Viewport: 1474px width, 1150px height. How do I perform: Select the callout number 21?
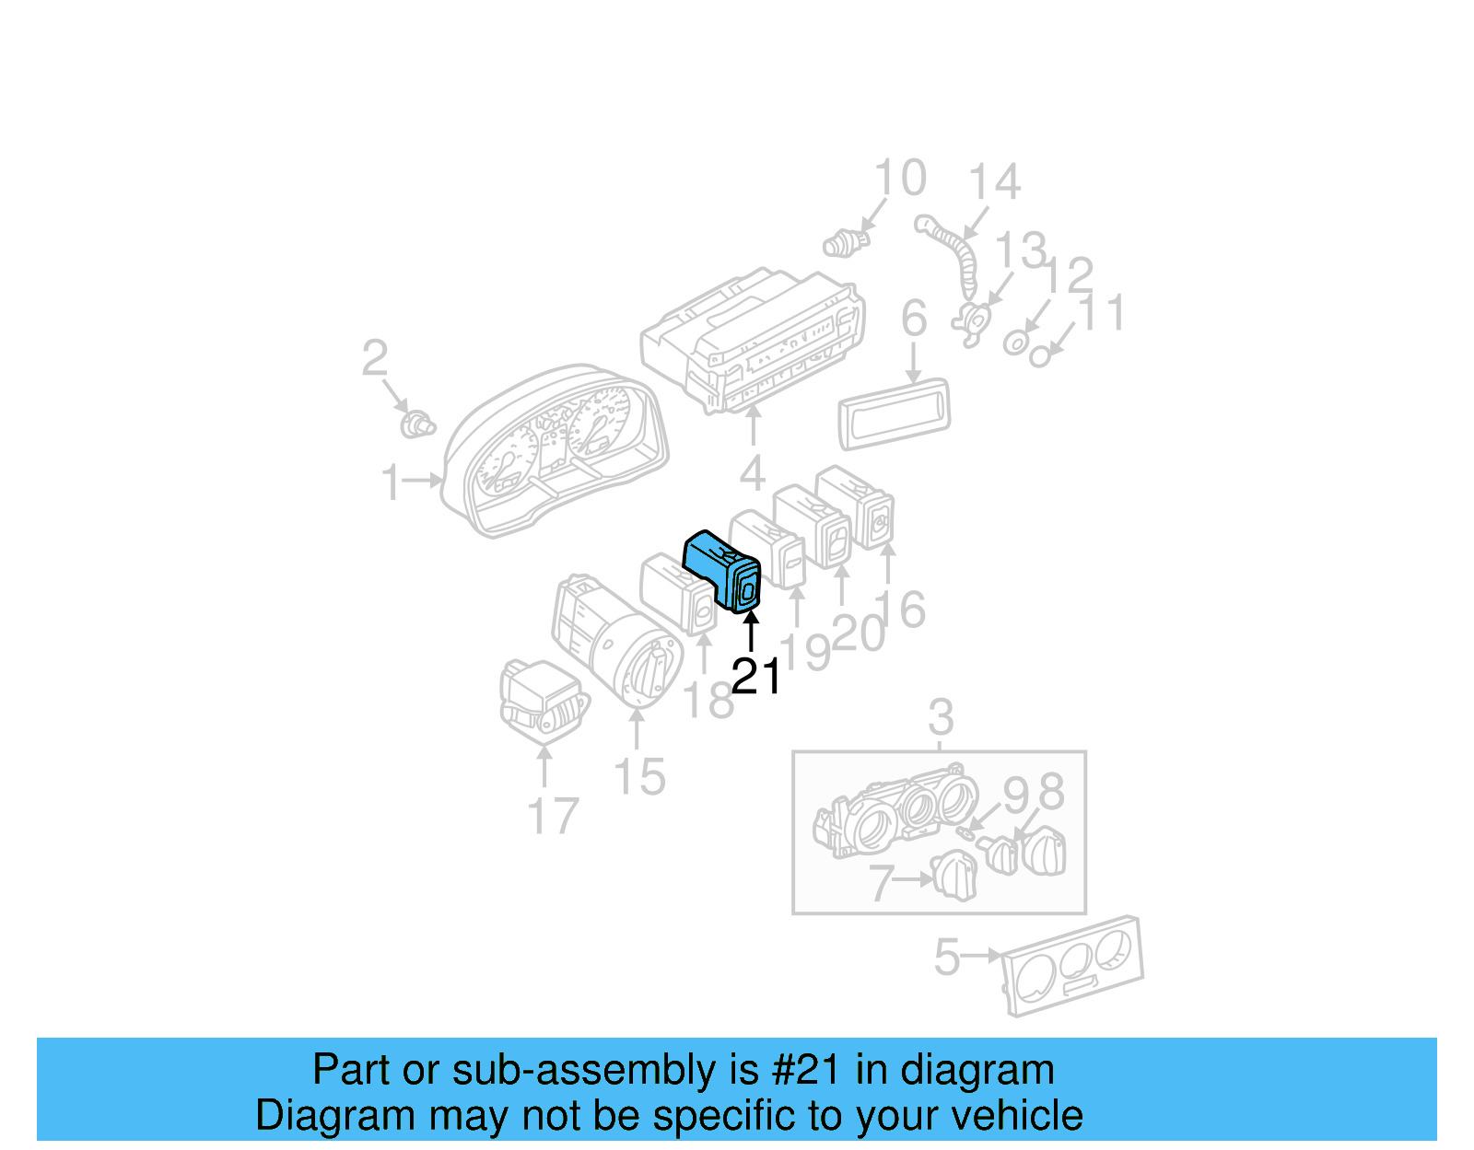pyautogui.click(x=756, y=677)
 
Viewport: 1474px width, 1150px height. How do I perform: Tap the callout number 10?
pyautogui.click(x=900, y=178)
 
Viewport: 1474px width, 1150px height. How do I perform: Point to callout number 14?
pyautogui.click(x=995, y=182)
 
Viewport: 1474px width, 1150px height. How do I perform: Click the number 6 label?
pyautogui.click(x=913, y=319)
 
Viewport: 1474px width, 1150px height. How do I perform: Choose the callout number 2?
pyautogui.click(x=374, y=358)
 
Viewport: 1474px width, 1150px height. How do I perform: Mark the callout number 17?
pyautogui.click(x=553, y=817)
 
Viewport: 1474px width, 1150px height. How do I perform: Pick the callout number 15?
pyautogui.click(x=639, y=778)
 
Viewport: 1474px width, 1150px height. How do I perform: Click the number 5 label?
pyautogui.click(x=947, y=958)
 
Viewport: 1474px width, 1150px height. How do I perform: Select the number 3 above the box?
pyautogui.click(x=940, y=716)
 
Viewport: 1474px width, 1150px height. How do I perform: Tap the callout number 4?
pyautogui.click(x=753, y=474)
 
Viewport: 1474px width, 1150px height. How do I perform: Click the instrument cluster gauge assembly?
pyautogui.click(x=553, y=451)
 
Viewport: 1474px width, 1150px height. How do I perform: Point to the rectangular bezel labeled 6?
pyautogui.click(x=894, y=414)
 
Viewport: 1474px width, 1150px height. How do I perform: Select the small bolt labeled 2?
pyautogui.click(x=417, y=425)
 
